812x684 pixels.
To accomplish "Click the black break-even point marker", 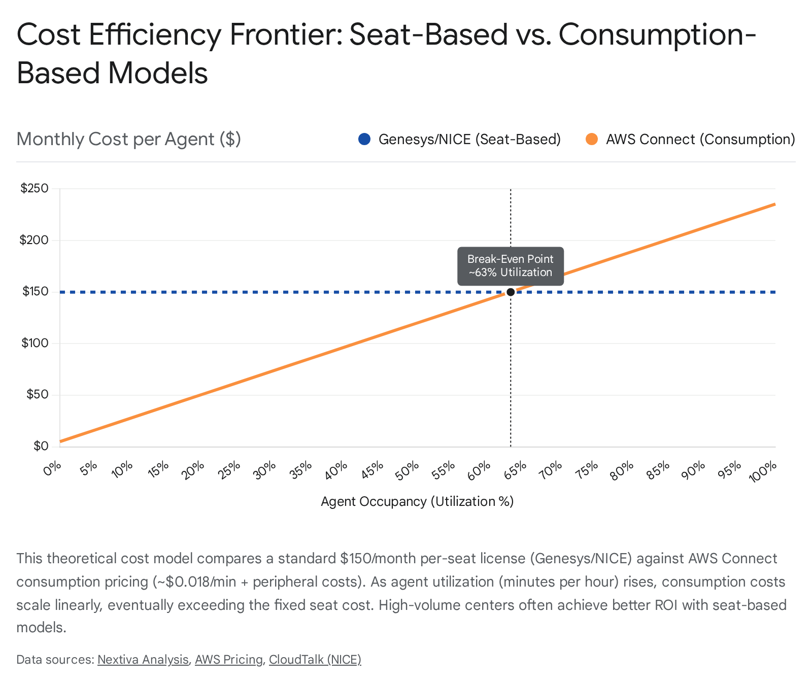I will tap(511, 292).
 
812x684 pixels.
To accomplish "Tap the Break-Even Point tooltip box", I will tap(511, 266).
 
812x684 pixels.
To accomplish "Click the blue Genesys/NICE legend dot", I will tap(364, 139).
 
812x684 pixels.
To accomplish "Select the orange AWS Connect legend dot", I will tap(592, 139).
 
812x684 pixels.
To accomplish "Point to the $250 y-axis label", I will tap(35, 188).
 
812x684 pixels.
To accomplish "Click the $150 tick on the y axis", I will tap(36, 292).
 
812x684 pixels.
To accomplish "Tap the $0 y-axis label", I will tap(41, 446).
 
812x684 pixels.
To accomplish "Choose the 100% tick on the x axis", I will tap(763, 471).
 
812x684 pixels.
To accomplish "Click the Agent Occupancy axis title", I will tap(417, 501).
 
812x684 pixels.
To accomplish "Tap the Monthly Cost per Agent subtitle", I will tap(128, 139).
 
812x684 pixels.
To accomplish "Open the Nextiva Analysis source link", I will tap(143, 660).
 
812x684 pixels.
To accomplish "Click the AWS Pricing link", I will tap(229, 660).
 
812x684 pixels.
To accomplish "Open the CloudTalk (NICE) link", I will tap(315, 660).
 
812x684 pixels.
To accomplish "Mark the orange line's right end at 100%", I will tap(774, 204).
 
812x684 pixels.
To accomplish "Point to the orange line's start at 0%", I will tap(61, 441).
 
